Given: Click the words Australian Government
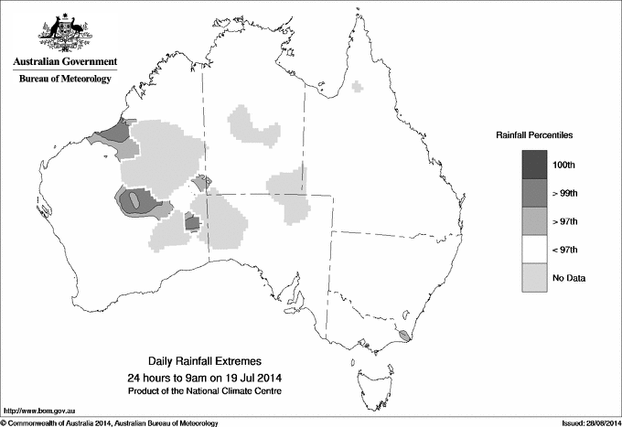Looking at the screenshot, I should coord(65,62).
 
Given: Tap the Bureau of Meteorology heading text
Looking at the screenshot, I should coord(65,79).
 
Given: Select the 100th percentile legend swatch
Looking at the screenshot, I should coord(535,164).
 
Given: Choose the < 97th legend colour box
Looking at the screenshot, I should coord(535,249).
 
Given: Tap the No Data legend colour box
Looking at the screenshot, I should coord(535,277).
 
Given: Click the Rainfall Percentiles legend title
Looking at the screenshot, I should coord(534,134).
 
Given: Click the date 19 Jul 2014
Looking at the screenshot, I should coord(241,378).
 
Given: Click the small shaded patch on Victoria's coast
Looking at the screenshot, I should coord(404,336).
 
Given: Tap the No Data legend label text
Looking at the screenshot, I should coord(568,277).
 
